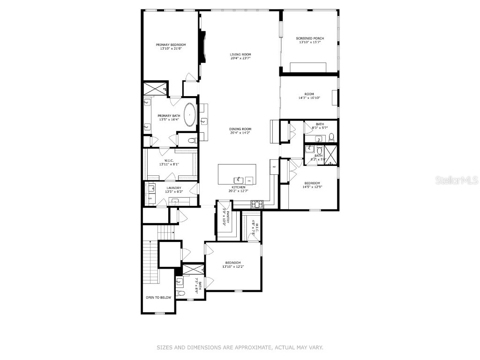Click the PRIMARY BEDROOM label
[171, 45]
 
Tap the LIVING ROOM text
[240, 54]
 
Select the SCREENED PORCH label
[310, 38]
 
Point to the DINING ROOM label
[240, 129]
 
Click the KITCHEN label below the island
[238, 187]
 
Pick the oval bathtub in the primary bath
[190, 115]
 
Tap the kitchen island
[237, 174]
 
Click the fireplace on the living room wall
[202, 47]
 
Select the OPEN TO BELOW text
[158, 298]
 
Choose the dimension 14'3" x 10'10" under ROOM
[309, 98]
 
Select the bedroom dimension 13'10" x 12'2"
[233, 267]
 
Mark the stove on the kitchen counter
[256, 204]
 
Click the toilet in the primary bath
[192, 140]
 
